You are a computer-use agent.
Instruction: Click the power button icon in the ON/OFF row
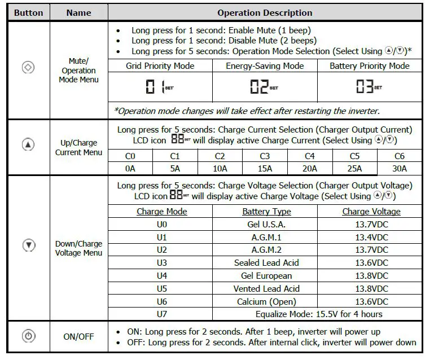point(28,337)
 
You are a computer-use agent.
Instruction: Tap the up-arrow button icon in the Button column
point(28,144)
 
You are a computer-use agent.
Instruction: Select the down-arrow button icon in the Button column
point(28,245)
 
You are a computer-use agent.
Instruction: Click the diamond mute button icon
point(28,68)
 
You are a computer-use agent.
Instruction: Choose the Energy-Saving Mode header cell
point(265,66)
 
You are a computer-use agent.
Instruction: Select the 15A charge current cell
point(265,168)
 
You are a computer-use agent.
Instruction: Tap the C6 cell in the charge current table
point(400,156)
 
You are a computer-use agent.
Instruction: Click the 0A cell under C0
point(130,168)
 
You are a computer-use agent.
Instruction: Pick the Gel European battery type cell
point(266,276)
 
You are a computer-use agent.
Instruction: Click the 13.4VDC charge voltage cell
point(371,237)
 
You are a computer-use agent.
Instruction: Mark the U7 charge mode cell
point(162,314)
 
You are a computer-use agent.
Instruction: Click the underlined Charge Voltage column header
point(371,212)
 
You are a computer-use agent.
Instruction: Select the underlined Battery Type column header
point(266,212)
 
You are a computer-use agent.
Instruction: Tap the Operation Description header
point(265,12)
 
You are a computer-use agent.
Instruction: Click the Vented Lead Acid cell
point(266,288)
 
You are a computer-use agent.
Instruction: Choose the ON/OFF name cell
point(78,337)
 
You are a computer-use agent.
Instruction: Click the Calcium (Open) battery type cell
point(266,301)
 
